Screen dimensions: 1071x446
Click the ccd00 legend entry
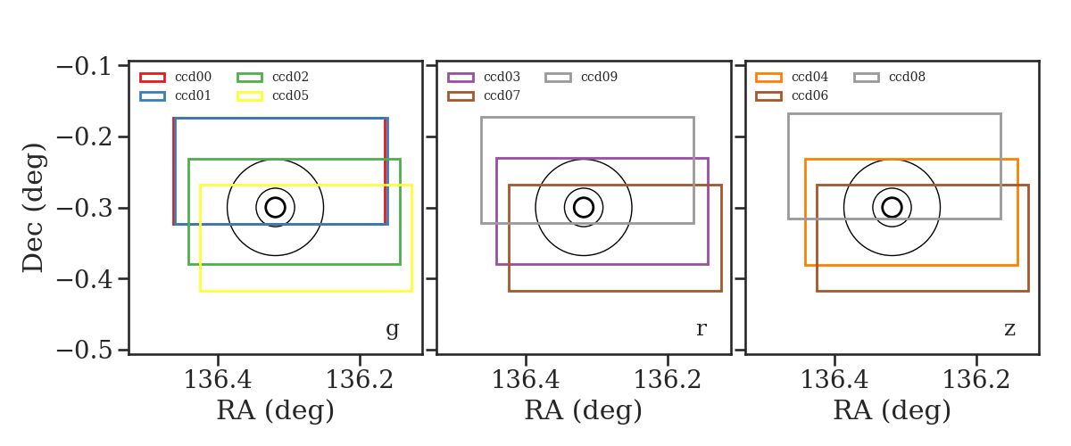coord(176,77)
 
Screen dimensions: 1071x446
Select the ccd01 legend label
coord(193,95)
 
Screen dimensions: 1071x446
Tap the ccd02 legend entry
coord(273,77)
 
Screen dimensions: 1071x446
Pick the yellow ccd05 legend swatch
coord(250,96)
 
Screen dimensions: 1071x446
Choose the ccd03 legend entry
coord(484,77)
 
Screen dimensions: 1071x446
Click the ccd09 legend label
coord(599,77)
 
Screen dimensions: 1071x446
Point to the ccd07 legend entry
coord(484,95)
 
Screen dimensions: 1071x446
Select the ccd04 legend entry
coord(792,77)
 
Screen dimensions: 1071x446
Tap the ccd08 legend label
coord(907,77)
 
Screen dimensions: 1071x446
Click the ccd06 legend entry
coord(792,95)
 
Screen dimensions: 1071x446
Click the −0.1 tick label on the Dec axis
coord(84,66)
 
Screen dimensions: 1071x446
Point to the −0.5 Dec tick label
coord(84,351)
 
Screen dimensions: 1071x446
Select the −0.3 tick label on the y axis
coord(84,209)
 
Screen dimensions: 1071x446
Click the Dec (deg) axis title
coord(34,208)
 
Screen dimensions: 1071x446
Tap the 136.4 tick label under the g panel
coord(218,380)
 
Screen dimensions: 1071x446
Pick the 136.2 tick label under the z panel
coord(976,380)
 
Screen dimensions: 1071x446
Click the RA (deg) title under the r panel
coord(584,410)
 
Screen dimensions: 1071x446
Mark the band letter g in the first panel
coord(392,330)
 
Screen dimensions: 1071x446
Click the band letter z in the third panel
coord(1009,329)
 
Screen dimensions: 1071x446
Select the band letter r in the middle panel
coord(701,329)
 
